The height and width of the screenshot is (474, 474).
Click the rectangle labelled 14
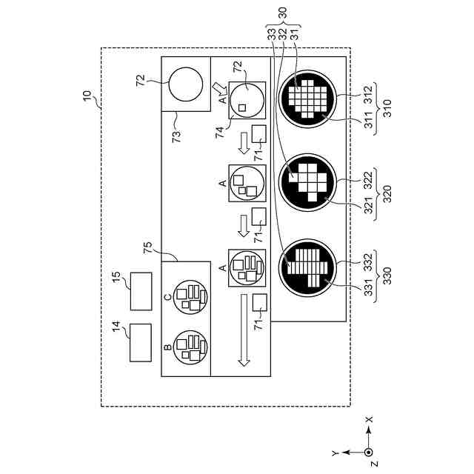point(140,343)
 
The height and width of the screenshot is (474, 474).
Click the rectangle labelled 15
point(140,290)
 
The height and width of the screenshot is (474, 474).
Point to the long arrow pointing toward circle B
point(243,332)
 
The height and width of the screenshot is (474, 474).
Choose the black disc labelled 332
point(307,265)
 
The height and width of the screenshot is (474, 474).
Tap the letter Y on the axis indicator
point(335,451)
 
